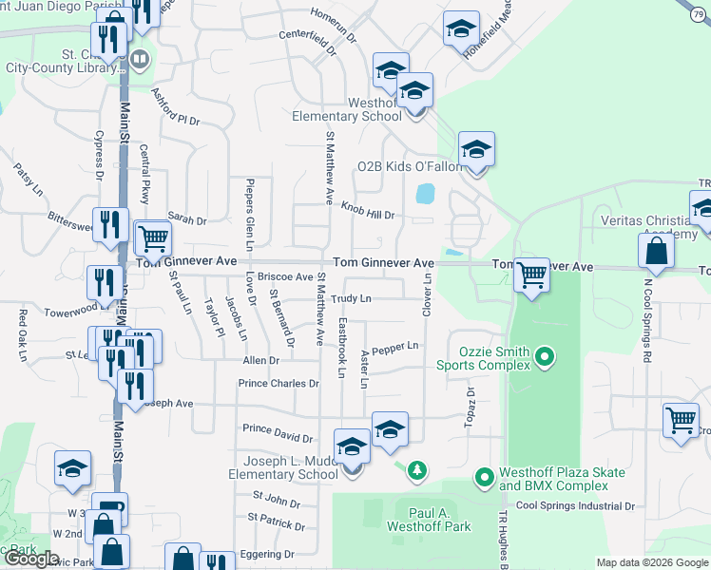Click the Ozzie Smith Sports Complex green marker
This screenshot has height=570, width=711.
point(545,357)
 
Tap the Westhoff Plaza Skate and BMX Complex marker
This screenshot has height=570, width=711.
point(485,475)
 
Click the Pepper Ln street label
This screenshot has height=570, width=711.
point(395,349)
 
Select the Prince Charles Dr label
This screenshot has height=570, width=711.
point(279,384)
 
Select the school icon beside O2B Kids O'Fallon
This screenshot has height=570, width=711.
point(476,149)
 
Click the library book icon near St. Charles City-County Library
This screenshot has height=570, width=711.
point(140,60)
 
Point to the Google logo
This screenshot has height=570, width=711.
point(32,559)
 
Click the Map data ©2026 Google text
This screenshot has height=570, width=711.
point(652,562)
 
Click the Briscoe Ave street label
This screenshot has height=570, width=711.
point(290,277)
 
